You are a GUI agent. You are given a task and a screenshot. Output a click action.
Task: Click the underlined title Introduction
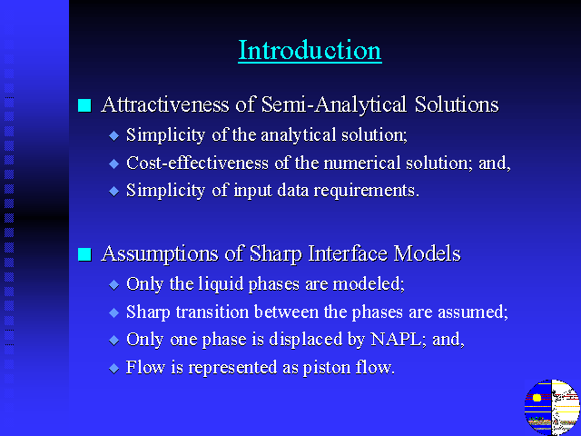310,50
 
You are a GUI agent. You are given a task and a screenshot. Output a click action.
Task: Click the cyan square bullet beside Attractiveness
84,105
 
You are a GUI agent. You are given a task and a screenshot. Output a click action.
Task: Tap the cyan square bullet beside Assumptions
84,254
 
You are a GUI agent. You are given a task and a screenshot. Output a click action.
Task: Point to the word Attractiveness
165,104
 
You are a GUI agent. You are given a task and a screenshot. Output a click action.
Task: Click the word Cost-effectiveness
197,163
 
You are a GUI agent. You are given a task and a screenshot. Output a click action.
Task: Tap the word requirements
367,192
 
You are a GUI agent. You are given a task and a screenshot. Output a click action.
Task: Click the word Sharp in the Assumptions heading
276,254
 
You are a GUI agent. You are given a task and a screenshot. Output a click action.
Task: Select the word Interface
348,253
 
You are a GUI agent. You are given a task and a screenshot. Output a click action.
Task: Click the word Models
428,253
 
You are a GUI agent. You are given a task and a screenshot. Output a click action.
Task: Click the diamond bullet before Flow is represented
114,369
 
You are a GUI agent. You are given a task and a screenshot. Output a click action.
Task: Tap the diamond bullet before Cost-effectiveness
114,163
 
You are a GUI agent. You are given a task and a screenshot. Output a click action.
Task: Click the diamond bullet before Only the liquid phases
114,284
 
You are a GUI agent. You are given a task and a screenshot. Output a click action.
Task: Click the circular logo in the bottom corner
552,408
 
